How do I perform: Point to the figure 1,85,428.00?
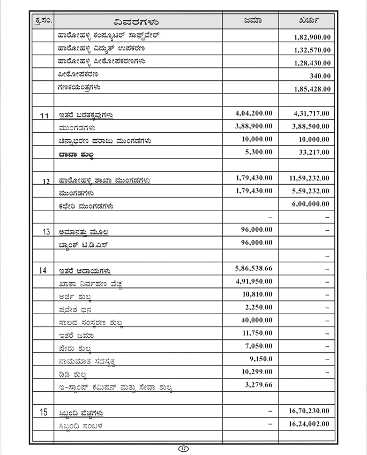[x=312, y=89]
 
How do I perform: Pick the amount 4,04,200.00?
[x=253, y=113]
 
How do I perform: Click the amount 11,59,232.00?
[x=310, y=178]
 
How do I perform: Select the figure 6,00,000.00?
[x=312, y=204]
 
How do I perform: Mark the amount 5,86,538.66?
[x=253, y=268]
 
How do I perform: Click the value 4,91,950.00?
[x=253, y=281]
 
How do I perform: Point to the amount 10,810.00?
[x=257, y=294]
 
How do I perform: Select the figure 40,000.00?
[x=257, y=320]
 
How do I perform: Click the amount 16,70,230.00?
[x=310, y=411]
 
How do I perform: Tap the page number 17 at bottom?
[x=183, y=449]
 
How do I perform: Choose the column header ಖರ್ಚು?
[x=310, y=21]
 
